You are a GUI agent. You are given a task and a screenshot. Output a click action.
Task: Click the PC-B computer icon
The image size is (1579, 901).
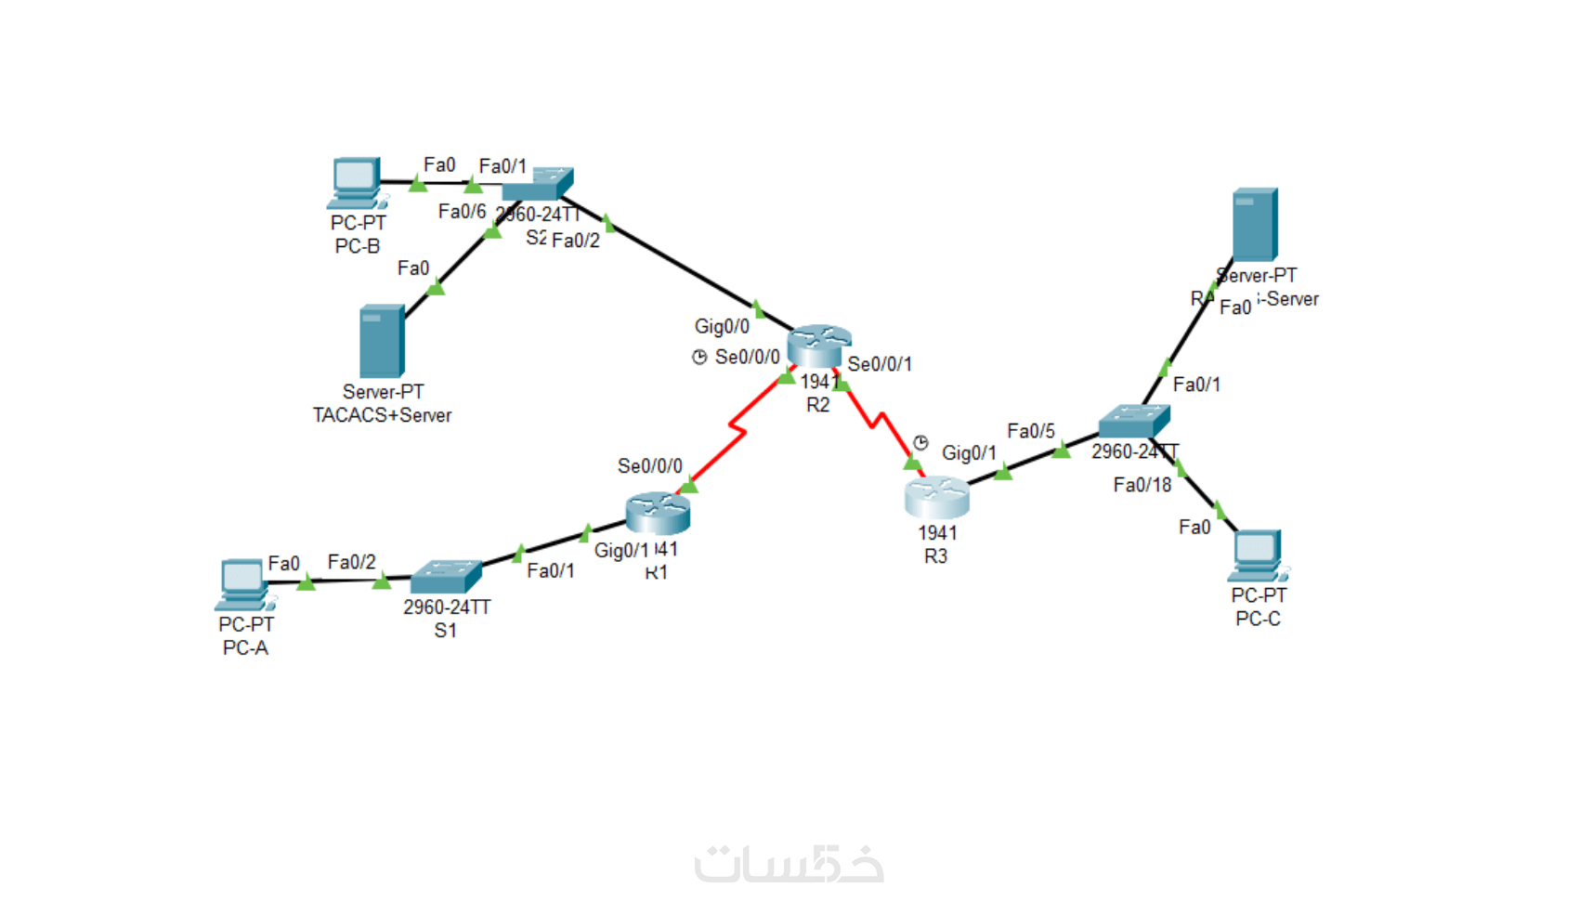coord(356,182)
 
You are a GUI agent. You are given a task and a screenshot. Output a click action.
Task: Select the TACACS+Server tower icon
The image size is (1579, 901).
coord(381,341)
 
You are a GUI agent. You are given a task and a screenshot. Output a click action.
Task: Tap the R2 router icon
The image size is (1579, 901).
coord(817,346)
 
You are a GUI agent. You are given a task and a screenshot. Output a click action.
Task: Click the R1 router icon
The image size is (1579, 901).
coord(658,513)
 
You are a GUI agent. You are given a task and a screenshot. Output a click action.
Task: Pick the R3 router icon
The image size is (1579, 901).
coord(936,497)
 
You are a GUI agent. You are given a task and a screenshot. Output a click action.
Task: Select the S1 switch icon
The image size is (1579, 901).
coord(446,576)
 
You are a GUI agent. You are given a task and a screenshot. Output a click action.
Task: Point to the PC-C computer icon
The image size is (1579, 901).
coord(1258,555)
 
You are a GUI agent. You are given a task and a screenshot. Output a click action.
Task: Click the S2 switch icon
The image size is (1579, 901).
coord(538,184)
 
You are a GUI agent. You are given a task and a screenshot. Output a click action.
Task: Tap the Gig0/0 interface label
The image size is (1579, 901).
coord(722,326)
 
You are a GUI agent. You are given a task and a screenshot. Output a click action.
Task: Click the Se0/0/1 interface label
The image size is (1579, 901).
coord(880,364)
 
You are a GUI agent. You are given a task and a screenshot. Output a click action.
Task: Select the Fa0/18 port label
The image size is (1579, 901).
coord(1142,485)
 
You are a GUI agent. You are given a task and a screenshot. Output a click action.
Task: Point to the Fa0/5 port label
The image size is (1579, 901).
coord(1031,431)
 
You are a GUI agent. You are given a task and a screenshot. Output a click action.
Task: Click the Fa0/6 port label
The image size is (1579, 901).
coord(462,212)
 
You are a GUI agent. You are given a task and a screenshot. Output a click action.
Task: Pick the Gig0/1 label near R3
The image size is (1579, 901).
coord(969,453)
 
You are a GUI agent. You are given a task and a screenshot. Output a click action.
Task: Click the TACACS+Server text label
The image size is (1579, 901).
coord(382,415)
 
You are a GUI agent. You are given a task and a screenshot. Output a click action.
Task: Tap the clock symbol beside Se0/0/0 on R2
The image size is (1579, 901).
coord(699,357)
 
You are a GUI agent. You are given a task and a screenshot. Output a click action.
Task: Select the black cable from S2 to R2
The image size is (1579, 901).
coord(678,263)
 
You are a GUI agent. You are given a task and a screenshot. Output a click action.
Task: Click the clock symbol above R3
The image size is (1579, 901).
coord(920,442)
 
